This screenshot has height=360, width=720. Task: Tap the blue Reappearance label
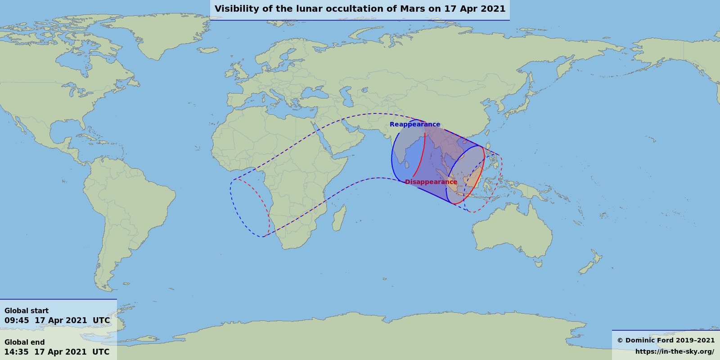[415, 124]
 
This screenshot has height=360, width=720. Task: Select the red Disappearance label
[431, 182]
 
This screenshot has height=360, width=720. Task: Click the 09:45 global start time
[17, 320]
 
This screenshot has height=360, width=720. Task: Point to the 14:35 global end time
[17, 351]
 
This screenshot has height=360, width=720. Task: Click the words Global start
[27, 310]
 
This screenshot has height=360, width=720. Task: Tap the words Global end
[25, 342]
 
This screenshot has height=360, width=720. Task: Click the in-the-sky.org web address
[675, 351]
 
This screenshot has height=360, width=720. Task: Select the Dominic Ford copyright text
[666, 340]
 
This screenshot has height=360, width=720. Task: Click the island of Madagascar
[340, 217]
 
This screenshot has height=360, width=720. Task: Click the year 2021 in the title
[492, 9]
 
